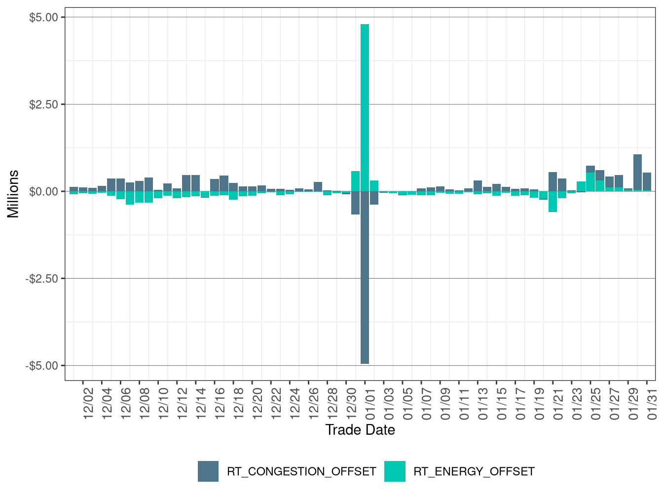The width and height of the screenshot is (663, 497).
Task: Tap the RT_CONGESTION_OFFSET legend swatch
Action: (208, 471)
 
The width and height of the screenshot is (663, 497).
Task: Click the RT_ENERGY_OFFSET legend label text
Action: (474, 471)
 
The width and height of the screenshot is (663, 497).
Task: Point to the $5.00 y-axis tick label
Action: (44, 18)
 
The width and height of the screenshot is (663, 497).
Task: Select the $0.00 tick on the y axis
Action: (44, 192)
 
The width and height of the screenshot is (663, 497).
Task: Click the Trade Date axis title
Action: (360, 430)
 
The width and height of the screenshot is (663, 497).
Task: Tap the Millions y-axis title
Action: (13, 193)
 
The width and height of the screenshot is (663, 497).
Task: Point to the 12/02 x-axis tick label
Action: (88, 403)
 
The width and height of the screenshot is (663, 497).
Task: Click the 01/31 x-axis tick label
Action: (652, 403)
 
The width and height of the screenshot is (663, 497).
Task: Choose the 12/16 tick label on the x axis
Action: (220, 403)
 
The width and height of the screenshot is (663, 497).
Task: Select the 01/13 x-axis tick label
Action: (483, 403)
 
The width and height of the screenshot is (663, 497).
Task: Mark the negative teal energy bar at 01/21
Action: (552, 202)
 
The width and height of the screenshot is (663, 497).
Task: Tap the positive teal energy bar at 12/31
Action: (355, 181)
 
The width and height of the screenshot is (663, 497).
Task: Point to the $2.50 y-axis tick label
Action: (44, 105)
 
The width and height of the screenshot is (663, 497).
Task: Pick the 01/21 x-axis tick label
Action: (558, 403)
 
